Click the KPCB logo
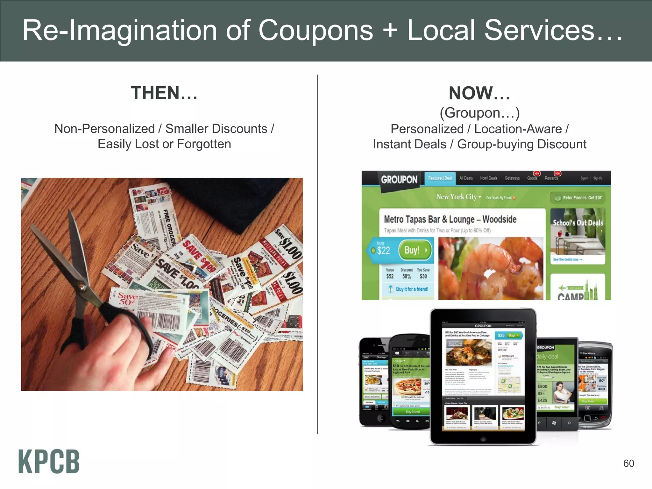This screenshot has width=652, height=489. point(49,461)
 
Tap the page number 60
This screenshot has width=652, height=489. point(628,463)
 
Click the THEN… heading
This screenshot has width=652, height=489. point(164,93)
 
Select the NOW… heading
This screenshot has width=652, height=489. point(479,93)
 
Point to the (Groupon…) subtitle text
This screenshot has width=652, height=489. point(479,113)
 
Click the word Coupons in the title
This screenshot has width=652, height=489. point(315,31)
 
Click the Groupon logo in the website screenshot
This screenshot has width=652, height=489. point(399,180)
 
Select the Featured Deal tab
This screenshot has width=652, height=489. point(440,178)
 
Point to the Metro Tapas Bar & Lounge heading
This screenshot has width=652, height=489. point(450,219)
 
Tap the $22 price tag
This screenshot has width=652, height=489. point(383,251)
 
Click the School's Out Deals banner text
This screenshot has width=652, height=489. point(578,223)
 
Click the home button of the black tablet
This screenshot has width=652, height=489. point(483,439)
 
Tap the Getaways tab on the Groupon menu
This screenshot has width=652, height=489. point(512,178)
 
